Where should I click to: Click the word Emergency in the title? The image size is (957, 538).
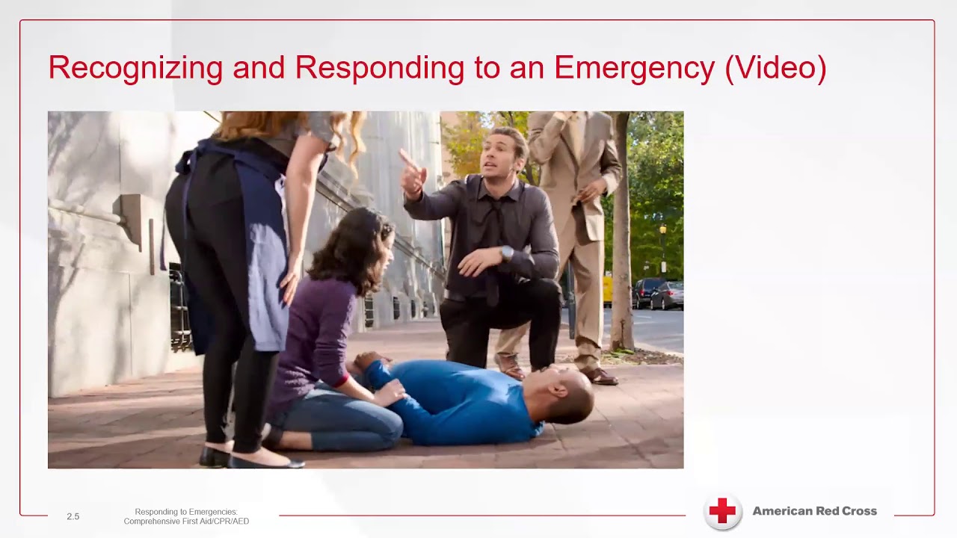pyautogui.click(x=634, y=68)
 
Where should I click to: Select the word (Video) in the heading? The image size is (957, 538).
pyautogui.click(x=775, y=68)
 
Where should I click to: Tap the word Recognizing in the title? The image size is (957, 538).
pyautogui.click(x=135, y=68)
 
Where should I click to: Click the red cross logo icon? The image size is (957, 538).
pyautogui.click(x=722, y=512)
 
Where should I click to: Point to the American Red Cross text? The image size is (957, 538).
pyautogui.click(x=814, y=511)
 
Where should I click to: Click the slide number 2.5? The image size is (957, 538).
pyautogui.click(x=73, y=516)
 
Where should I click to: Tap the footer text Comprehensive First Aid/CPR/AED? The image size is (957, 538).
pyautogui.click(x=186, y=521)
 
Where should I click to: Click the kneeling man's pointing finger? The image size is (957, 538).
pyautogui.click(x=404, y=158)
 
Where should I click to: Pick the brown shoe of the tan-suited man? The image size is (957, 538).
pyautogui.click(x=600, y=375)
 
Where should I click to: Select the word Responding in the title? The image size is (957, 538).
pyautogui.click(x=380, y=68)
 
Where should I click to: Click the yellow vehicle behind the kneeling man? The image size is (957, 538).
pyautogui.click(x=607, y=290)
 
